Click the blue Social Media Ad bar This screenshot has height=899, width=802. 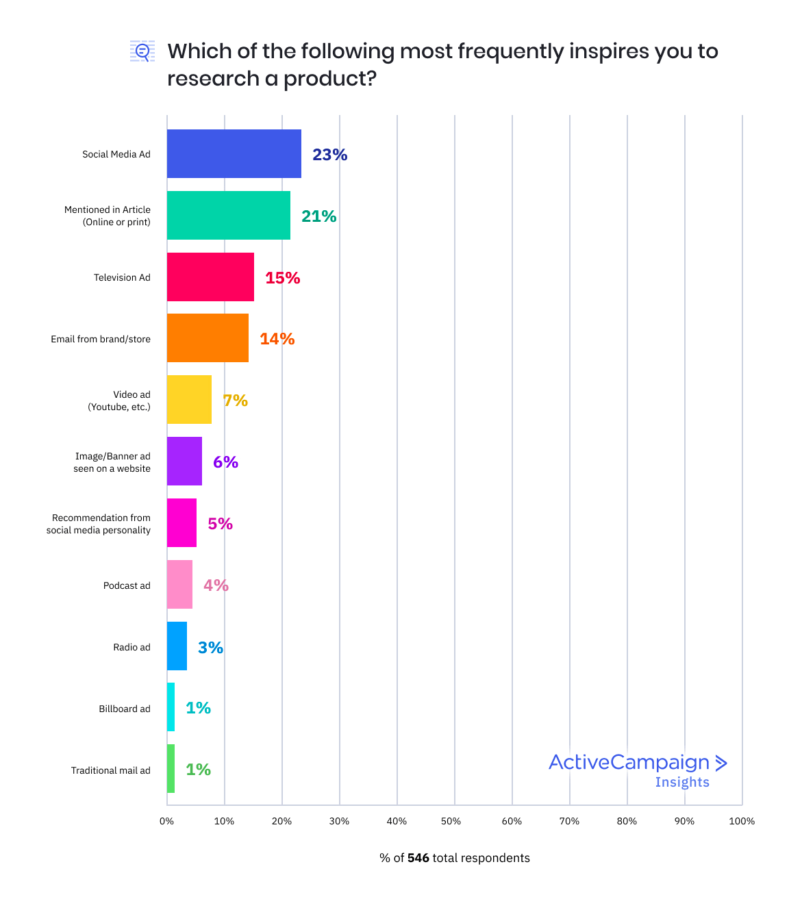[x=234, y=153]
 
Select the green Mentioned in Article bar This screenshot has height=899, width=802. [x=228, y=215]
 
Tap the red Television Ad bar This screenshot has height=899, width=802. [x=210, y=277]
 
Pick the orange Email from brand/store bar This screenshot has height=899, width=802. [x=208, y=338]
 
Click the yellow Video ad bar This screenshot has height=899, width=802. [x=189, y=400]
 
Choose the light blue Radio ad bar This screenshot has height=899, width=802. [x=177, y=646]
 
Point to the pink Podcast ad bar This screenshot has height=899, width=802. [x=179, y=584]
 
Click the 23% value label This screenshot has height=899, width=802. [x=329, y=155]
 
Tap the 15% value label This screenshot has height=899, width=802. [x=282, y=278]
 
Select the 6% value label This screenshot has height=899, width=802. [x=225, y=462]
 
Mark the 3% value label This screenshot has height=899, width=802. [x=210, y=648]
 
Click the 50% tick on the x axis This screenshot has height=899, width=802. [x=451, y=821]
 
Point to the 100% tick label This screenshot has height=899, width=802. [x=742, y=821]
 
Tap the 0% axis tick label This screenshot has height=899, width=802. [x=166, y=821]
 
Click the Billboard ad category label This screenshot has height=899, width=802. [x=125, y=709]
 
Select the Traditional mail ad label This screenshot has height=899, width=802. [x=111, y=770]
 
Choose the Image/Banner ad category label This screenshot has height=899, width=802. [x=112, y=462]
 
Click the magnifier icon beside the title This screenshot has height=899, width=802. [x=142, y=51]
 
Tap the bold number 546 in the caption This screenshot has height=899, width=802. [x=418, y=858]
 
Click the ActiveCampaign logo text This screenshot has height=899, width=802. [x=629, y=762]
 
